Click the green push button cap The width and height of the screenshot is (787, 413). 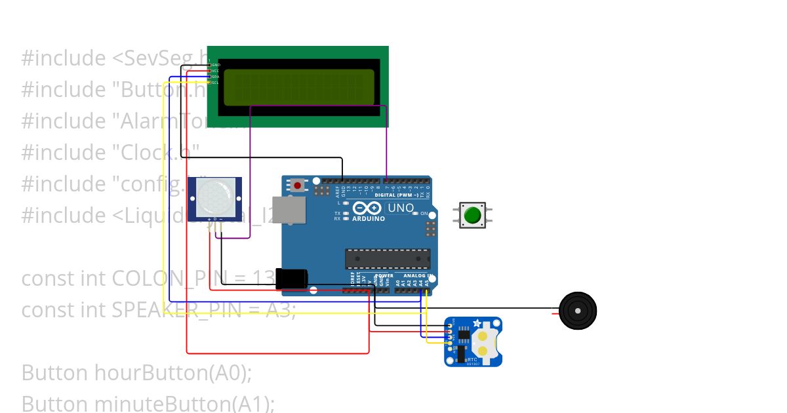[472, 215]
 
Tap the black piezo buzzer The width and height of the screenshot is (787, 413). [578, 310]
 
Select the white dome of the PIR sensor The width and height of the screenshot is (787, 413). [214, 196]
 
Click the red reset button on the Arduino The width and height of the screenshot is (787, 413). [298, 186]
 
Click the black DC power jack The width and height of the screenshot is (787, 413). [291, 279]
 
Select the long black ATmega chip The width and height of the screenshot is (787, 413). [388, 259]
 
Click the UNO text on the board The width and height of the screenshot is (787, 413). [401, 208]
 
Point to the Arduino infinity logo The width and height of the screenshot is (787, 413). [366, 208]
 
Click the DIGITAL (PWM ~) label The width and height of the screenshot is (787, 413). [400, 195]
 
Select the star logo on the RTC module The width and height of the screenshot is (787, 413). [477, 323]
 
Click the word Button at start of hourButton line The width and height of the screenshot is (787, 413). [54, 373]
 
